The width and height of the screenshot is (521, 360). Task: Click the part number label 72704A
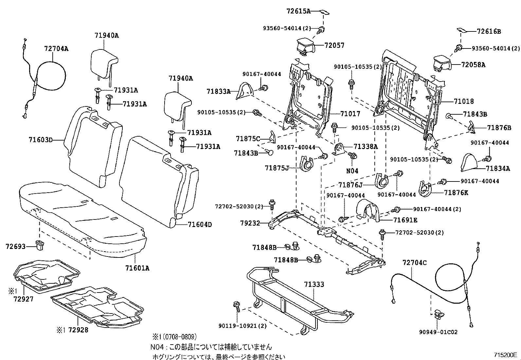tap(56, 48)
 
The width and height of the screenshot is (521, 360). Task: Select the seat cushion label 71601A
tap(137, 268)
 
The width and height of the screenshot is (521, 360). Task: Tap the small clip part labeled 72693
tap(40, 245)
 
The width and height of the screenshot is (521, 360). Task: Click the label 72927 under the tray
tap(24, 299)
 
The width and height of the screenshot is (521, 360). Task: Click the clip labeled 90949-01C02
tap(438, 316)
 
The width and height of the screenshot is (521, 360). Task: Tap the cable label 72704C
tap(415, 262)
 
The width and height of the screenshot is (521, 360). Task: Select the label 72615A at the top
tap(298, 11)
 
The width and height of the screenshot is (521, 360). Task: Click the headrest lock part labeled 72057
tap(305, 46)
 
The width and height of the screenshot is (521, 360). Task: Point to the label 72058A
tap(473, 65)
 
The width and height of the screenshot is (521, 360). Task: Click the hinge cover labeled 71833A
tap(245, 90)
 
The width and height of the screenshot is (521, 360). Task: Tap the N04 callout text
tap(352, 170)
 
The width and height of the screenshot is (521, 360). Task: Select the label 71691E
tap(405, 220)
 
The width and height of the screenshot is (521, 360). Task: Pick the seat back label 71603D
tap(41, 140)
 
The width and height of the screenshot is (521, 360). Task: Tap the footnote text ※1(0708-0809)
tap(174, 336)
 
